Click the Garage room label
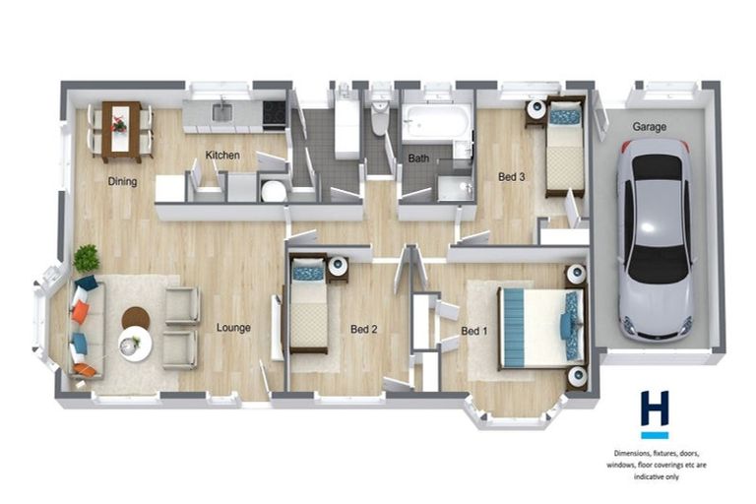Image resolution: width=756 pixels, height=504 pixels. coord(650,127)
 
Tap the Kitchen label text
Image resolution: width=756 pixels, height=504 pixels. coord(221,156)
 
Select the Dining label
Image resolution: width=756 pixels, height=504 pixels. coord(123,181)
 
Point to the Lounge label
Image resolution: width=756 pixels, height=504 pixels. coord(233,328)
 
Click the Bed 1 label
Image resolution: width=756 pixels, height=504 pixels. coord(473,331)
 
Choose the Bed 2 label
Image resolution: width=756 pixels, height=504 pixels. coord(364,329)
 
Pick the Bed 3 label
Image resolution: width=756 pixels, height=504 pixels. coord(511,177)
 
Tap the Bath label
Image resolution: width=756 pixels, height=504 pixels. coord(419,157)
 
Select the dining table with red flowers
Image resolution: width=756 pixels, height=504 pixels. coord(120,128)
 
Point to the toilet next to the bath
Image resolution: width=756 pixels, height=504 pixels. coord(380,118)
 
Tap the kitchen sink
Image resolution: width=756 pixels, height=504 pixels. coord(222,112)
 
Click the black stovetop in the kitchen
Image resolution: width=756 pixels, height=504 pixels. coord(274,113)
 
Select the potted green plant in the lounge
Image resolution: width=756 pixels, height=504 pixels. coord(87,258)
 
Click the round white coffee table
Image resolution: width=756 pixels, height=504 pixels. coord(135,344)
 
